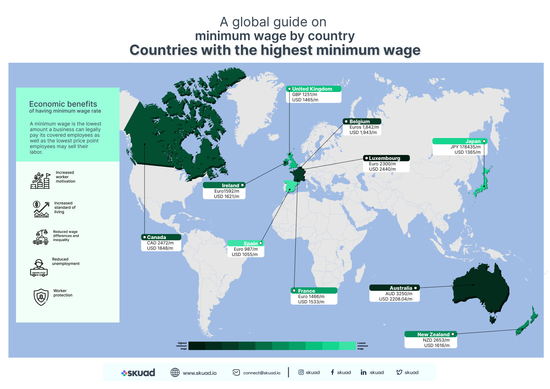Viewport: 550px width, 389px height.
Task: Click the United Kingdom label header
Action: click(312, 89)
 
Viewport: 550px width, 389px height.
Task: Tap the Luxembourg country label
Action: click(384, 158)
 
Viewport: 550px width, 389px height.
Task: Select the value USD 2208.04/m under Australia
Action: click(395, 299)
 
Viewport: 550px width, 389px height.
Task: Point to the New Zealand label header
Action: click(433, 334)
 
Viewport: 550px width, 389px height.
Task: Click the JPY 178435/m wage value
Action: click(465, 147)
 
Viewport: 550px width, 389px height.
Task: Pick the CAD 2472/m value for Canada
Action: click(160, 243)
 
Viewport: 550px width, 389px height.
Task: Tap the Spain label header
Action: click(250, 243)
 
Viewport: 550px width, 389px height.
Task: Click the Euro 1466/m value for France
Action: click(311, 296)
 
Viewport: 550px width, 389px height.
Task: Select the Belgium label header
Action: click(359, 122)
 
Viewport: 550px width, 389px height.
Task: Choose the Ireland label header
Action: click(230, 185)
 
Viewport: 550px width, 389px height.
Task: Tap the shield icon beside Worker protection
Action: click(41, 297)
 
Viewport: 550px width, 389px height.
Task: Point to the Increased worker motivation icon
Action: click(40, 181)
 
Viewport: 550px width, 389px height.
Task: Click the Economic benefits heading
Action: click(63, 104)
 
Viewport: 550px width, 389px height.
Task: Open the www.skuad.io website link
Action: click(199, 373)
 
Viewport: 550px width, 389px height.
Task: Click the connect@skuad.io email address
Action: click(262, 373)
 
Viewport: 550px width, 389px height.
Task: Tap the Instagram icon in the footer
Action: click(301, 372)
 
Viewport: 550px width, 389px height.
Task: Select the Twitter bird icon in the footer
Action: click(399, 372)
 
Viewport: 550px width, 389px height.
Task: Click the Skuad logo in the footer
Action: click(138, 373)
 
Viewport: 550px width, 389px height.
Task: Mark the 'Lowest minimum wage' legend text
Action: click(362, 346)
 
